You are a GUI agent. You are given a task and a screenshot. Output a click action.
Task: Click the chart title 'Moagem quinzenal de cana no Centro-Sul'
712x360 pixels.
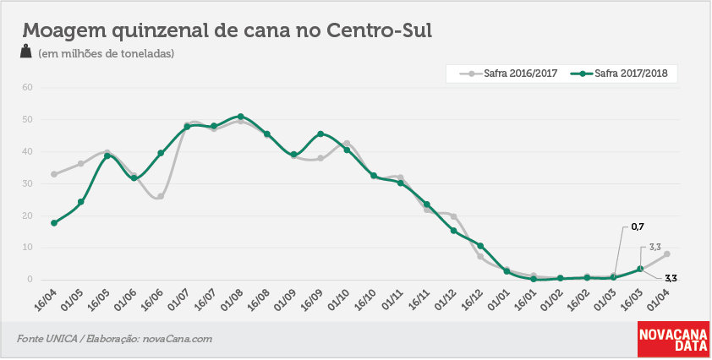(227, 31)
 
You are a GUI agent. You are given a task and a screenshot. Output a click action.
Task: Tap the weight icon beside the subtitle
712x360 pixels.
(26, 51)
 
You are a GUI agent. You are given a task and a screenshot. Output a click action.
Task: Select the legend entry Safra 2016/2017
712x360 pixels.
(509, 73)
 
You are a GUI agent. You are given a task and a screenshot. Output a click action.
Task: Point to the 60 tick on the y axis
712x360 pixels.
(28, 87)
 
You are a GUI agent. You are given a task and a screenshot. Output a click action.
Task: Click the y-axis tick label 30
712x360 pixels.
(28, 184)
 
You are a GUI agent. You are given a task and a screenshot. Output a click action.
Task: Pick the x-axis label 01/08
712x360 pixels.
(232, 299)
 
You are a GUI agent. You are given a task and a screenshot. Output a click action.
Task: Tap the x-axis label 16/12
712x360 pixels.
(472, 299)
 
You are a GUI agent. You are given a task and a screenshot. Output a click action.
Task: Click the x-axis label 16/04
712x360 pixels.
(46, 299)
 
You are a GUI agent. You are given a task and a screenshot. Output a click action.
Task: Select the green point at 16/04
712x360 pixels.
(54, 223)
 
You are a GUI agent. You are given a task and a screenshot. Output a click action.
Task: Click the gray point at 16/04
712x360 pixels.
(54, 174)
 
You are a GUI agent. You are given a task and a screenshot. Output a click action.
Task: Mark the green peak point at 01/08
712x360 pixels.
(241, 117)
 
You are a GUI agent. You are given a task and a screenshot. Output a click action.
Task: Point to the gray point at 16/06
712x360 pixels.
(161, 197)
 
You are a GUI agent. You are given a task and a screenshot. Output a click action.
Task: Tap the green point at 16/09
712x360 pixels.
(320, 134)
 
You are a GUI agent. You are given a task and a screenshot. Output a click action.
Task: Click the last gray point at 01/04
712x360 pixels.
(666, 254)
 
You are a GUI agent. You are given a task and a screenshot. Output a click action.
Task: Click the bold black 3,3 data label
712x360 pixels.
(671, 278)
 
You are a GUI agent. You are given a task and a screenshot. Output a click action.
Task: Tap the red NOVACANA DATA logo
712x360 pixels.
(673, 339)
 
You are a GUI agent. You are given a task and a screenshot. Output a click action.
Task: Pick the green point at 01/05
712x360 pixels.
(81, 202)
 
